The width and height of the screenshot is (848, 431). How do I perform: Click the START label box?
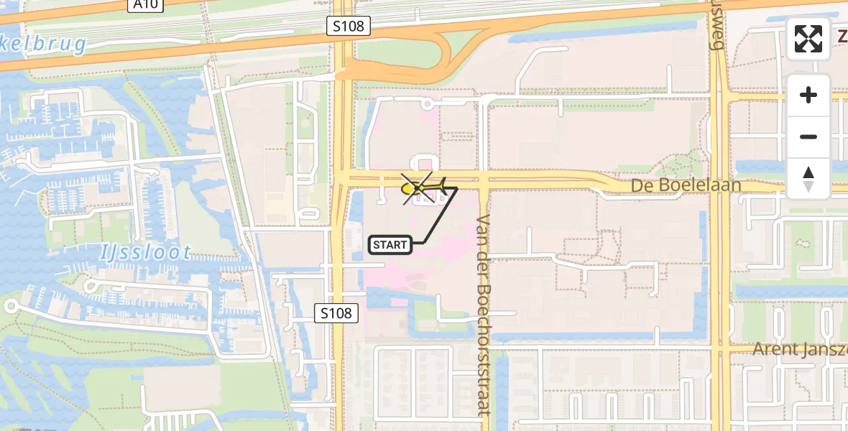point(390,245)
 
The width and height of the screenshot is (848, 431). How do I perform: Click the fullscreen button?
point(808,39)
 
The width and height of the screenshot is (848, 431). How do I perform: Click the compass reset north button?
point(808,179)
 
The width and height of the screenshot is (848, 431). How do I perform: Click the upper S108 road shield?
point(349,27)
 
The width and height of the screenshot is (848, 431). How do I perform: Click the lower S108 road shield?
point(336,313)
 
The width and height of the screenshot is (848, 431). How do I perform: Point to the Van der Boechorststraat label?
point(482,315)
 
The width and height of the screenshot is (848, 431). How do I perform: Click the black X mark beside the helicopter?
point(418,188)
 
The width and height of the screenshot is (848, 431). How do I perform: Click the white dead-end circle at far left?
point(10,306)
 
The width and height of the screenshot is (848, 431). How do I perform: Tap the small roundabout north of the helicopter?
point(428,104)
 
